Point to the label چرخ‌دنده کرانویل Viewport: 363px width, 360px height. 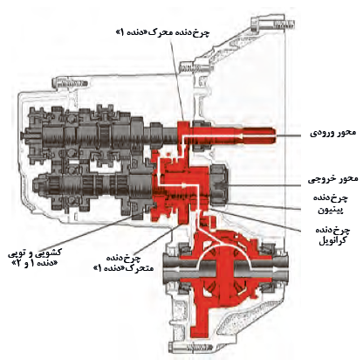[x=332, y=235]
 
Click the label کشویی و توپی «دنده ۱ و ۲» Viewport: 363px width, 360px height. [x=34, y=258]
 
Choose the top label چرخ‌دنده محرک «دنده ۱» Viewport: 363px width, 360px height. [x=162, y=32]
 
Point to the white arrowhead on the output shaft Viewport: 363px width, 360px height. [x=182, y=184]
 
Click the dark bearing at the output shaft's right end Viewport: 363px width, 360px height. [x=219, y=186]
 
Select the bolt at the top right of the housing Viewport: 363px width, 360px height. [x=273, y=23]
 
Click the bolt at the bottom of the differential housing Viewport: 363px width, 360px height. [x=192, y=347]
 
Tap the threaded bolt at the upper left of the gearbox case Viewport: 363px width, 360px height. [x=70, y=84]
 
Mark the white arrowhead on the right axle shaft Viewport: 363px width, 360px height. [x=277, y=271]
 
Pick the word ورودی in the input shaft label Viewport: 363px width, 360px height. [x=321, y=134]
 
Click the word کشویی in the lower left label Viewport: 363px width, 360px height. [x=51, y=253]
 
